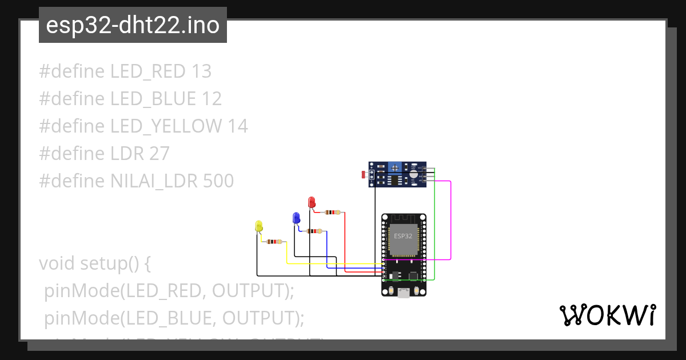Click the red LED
[x=312, y=202]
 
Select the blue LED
[x=296, y=218]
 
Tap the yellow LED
[x=258, y=226]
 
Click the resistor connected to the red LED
[x=332, y=213]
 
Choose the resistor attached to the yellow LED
[x=274, y=242]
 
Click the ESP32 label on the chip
[x=403, y=235]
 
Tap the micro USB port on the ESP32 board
[x=404, y=293]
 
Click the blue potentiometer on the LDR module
[x=394, y=167]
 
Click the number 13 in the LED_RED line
[x=201, y=71]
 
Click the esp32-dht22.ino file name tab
[x=133, y=26]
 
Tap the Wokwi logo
[x=607, y=315]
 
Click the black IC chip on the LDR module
[x=394, y=180]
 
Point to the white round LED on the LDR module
[x=413, y=173]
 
